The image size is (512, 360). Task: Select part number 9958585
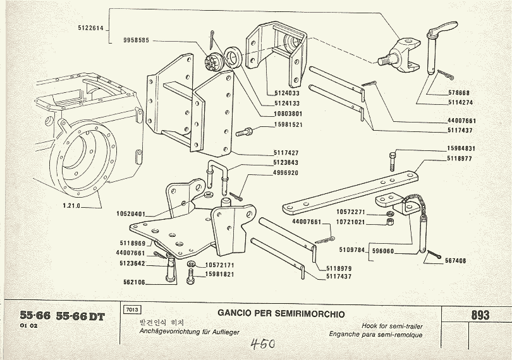(x=137, y=40)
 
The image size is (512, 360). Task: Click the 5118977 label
(x=460, y=159)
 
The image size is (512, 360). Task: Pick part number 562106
(x=133, y=283)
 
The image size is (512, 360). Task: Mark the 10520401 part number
(x=131, y=214)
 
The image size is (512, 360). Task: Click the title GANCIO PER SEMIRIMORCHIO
(x=281, y=312)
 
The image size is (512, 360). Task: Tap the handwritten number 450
(x=262, y=344)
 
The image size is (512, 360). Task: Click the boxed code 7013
(x=133, y=310)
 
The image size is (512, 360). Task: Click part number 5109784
(x=351, y=250)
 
